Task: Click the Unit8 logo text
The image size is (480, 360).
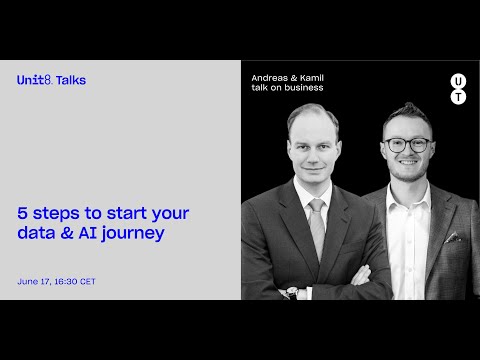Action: pyautogui.click(x=34, y=79)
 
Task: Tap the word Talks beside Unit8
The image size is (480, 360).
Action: pyautogui.click(x=71, y=79)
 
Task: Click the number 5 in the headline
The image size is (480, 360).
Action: pyautogui.click(x=22, y=213)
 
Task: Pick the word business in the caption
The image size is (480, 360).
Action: pyautogui.click(x=304, y=88)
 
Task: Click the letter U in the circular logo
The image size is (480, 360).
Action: pyautogui.click(x=458, y=79)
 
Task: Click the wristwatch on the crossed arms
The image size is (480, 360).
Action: pyautogui.click(x=292, y=293)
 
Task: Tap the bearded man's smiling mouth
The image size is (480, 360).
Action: pyautogui.click(x=408, y=163)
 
